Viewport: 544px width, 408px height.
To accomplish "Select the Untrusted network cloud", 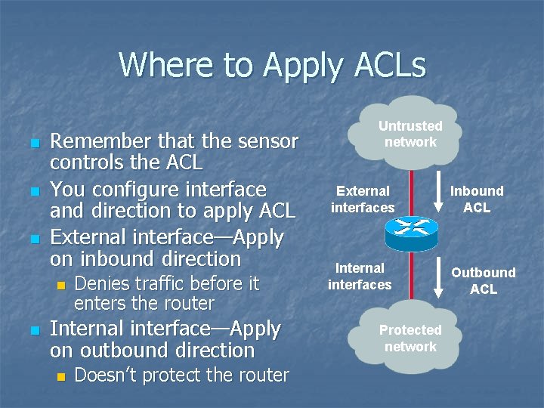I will coord(410,134).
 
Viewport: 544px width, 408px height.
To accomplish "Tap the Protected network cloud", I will coord(410,338).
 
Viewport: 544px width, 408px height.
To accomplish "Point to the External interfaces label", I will coord(363,199).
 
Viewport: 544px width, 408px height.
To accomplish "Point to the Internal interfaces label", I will coord(360,277).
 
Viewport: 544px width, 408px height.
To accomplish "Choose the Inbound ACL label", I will coord(477,199).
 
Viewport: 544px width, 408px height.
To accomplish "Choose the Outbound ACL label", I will coord(484,280).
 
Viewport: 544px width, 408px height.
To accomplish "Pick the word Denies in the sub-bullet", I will coord(104,283).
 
